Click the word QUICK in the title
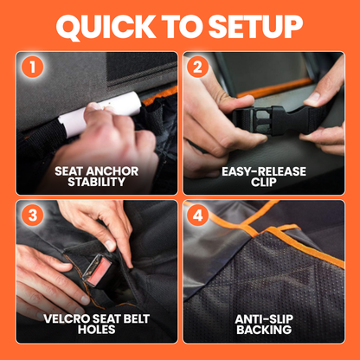pyautogui.click(x=106, y=27)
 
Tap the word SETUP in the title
pyautogui.click(x=255, y=26)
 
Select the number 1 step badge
pyautogui.click(x=32, y=67)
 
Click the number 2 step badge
pyautogui.click(x=197, y=67)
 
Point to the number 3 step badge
pyautogui.click(x=32, y=215)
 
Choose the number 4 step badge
pyautogui.click(x=197, y=215)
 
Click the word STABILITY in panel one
pyautogui.click(x=97, y=182)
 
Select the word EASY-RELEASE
pyautogui.click(x=264, y=171)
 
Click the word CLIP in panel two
pyautogui.click(x=264, y=182)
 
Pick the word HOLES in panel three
pyautogui.click(x=97, y=330)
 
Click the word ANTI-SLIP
pyautogui.click(x=264, y=318)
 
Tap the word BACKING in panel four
pyautogui.click(x=264, y=330)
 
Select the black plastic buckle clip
pyautogui.click(x=262, y=119)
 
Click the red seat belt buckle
pyautogui.click(x=98, y=271)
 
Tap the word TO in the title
pyautogui.click(x=183, y=26)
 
